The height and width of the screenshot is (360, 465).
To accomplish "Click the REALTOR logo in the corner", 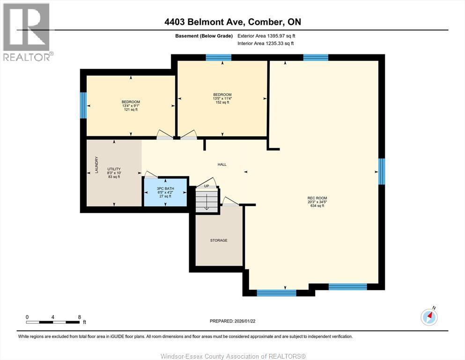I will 28,31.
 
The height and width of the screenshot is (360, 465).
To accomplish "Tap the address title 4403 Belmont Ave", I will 232,22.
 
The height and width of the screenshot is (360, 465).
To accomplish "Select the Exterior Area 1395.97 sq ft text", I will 266,36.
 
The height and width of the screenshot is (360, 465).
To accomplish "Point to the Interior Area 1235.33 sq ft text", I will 266,44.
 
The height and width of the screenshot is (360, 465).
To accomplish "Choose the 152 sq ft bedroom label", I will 222,98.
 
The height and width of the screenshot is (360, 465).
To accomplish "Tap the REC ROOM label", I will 317,202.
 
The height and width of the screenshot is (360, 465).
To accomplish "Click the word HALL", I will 222,165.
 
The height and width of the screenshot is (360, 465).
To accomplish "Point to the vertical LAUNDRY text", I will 97,165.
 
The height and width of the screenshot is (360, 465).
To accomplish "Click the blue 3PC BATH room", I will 165,192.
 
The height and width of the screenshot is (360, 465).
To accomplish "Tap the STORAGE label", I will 219,240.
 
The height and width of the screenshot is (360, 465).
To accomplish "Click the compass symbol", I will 429,317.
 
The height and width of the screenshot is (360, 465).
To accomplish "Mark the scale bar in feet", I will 53,322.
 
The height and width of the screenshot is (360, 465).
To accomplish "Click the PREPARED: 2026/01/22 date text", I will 232,321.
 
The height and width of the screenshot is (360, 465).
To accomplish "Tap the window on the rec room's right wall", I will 382,172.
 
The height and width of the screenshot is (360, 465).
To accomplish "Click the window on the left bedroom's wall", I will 83,105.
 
